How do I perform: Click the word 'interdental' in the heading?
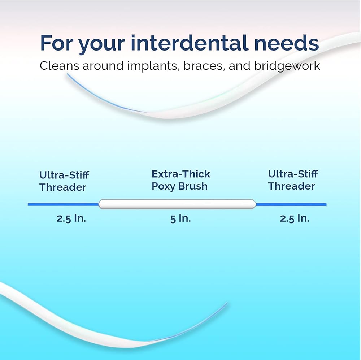[x=190, y=43]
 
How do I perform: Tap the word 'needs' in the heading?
[x=287, y=43]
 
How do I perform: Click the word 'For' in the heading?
[x=57, y=43]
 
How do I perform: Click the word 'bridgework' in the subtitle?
[x=287, y=66]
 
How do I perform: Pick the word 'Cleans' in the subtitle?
[x=60, y=66]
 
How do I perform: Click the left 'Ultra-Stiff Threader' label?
[x=64, y=181]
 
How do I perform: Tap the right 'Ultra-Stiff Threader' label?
[x=293, y=180]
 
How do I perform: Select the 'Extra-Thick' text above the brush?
[x=181, y=174]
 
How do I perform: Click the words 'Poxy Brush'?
[x=179, y=186]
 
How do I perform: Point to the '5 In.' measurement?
[x=180, y=218]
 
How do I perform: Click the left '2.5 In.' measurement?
[x=71, y=218]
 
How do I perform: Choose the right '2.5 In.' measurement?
[x=295, y=218]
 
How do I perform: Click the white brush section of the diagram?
[x=177, y=204]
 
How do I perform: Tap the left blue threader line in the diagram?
[x=63, y=204]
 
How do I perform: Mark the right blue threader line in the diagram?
[x=291, y=204]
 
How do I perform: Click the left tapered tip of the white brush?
[x=99, y=204]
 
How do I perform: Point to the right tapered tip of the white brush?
[x=256, y=204]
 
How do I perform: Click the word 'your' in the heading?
[x=102, y=45]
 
